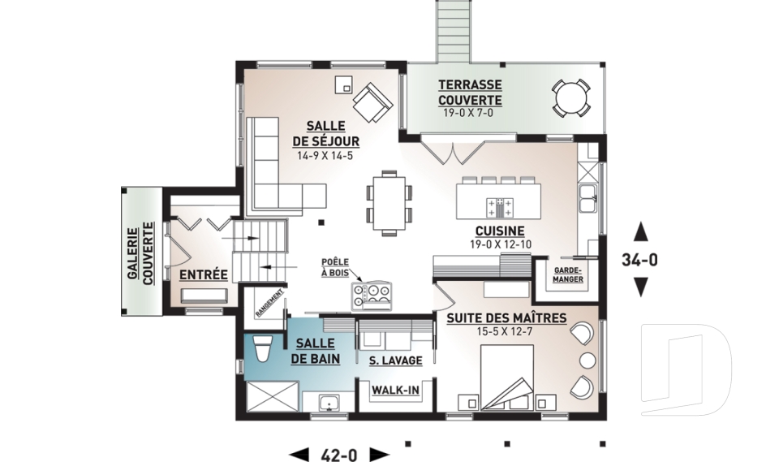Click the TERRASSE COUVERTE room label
[x=470, y=93]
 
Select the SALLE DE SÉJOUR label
[x=325, y=134]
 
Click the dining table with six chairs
[x=389, y=203]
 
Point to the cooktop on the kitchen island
[x=501, y=207]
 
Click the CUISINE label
[x=500, y=231]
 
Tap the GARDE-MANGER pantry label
[x=568, y=274]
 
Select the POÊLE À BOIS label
[x=335, y=268]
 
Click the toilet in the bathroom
[x=261, y=348]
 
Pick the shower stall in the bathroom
[x=273, y=396]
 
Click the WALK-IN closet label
[x=395, y=391]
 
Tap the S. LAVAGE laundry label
[x=395, y=361]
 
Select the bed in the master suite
[x=506, y=377]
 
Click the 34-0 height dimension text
[x=640, y=260]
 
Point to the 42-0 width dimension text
[x=339, y=455]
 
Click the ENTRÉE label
[x=203, y=274]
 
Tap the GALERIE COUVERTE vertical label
[x=140, y=253]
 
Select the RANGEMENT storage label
[x=269, y=302]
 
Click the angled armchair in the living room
[x=372, y=102]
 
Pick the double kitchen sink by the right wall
[x=587, y=198]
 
